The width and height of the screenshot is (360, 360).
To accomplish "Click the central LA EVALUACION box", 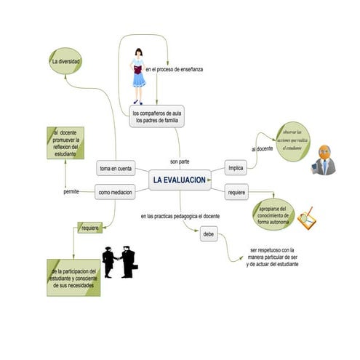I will pyautogui.click(x=180, y=179).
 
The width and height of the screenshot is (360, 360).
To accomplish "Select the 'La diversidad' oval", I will pyautogui.click(x=65, y=63).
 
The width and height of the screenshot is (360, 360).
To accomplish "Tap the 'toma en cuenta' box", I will pyautogui.click(x=116, y=169).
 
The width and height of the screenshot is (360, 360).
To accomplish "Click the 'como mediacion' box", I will pyautogui.click(x=116, y=193).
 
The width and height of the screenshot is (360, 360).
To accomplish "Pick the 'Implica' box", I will pyautogui.click(x=236, y=168).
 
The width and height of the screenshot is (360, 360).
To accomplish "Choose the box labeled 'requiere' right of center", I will pyautogui.click(x=236, y=192).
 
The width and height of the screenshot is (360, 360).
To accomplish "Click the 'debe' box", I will pyautogui.click(x=209, y=234).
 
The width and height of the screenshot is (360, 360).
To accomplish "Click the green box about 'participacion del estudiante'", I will pyautogui.click(x=73, y=277).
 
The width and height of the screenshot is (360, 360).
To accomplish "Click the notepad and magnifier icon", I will pyautogui.click(x=308, y=217).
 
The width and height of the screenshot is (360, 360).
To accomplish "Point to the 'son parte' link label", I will pyautogui.click(x=179, y=161).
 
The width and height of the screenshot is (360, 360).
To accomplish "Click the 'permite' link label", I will pyautogui.click(x=71, y=192).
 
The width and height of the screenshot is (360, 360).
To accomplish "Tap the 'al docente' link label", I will pyautogui.click(x=262, y=148).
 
